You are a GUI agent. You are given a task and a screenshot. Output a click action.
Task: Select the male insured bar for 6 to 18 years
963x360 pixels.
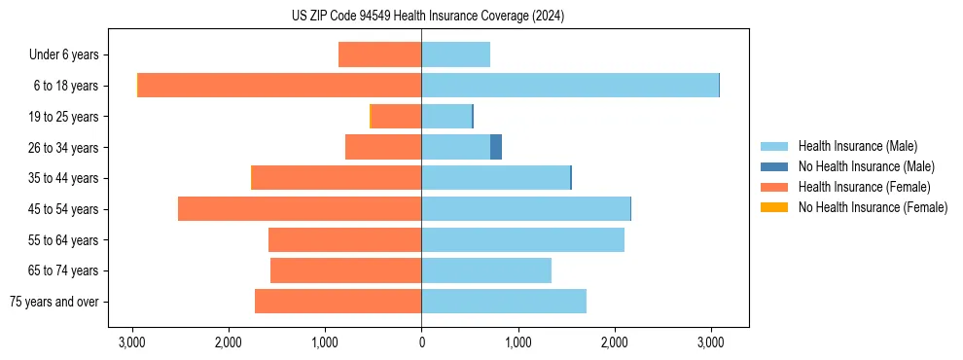tap(570, 85)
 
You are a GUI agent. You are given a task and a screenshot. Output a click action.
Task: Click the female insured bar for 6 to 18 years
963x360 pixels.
tap(280, 85)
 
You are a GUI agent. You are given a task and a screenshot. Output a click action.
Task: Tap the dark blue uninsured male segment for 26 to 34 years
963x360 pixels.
tap(496, 147)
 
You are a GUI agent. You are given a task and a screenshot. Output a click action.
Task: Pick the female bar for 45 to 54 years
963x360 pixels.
tap(300, 208)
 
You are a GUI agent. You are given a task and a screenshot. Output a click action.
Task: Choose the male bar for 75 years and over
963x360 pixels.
tap(504, 301)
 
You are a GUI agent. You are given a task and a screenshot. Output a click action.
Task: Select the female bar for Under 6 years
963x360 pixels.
tap(379, 54)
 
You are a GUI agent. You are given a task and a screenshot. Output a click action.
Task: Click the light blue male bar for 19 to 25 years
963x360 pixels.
tap(446, 116)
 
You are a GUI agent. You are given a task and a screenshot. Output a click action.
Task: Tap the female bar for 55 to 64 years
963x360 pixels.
tap(344, 239)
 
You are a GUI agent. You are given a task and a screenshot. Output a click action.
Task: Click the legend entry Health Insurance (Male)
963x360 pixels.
tap(856, 146)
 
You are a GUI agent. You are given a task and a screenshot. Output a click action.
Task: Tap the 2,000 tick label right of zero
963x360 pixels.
tap(614, 342)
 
